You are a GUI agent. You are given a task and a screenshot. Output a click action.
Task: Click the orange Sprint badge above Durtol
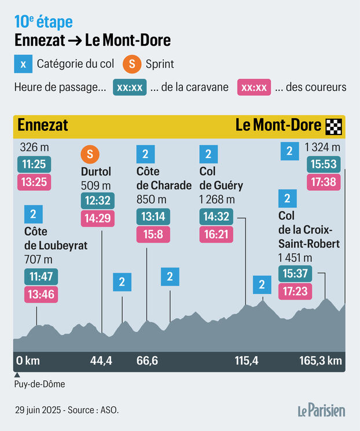(x=90, y=154)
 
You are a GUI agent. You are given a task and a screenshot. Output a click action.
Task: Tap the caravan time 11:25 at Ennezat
(x=34, y=164)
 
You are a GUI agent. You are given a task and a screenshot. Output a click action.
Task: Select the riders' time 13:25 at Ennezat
(x=34, y=182)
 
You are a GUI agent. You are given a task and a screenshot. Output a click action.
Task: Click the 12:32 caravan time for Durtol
(x=97, y=200)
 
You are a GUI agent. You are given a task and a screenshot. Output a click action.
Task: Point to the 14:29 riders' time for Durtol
(x=97, y=218)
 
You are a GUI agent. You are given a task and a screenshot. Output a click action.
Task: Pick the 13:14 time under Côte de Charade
(x=153, y=217)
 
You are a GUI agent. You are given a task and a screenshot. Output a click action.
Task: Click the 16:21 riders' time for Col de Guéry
(x=216, y=235)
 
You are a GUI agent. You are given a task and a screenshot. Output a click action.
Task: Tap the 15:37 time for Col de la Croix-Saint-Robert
(x=295, y=273)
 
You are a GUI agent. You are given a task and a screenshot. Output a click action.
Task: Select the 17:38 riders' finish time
(x=324, y=182)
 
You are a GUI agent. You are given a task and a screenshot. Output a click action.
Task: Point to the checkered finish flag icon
(x=334, y=126)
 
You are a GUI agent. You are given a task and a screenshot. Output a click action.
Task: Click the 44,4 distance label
(x=101, y=361)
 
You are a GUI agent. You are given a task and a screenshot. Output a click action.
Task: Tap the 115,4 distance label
(x=247, y=361)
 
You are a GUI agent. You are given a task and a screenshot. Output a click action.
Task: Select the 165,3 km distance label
(x=320, y=361)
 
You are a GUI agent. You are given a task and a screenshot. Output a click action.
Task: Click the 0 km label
(x=28, y=361)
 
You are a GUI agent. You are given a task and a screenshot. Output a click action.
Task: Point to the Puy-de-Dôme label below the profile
(x=39, y=384)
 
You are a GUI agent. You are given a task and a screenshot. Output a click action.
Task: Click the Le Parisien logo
(x=321, y=410)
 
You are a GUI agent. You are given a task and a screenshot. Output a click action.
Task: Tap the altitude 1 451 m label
(x=295, y=257)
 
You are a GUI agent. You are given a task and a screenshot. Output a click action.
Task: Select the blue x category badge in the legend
(x=23, y=64)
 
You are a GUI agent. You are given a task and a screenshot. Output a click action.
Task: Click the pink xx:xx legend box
(x=254, y=87)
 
